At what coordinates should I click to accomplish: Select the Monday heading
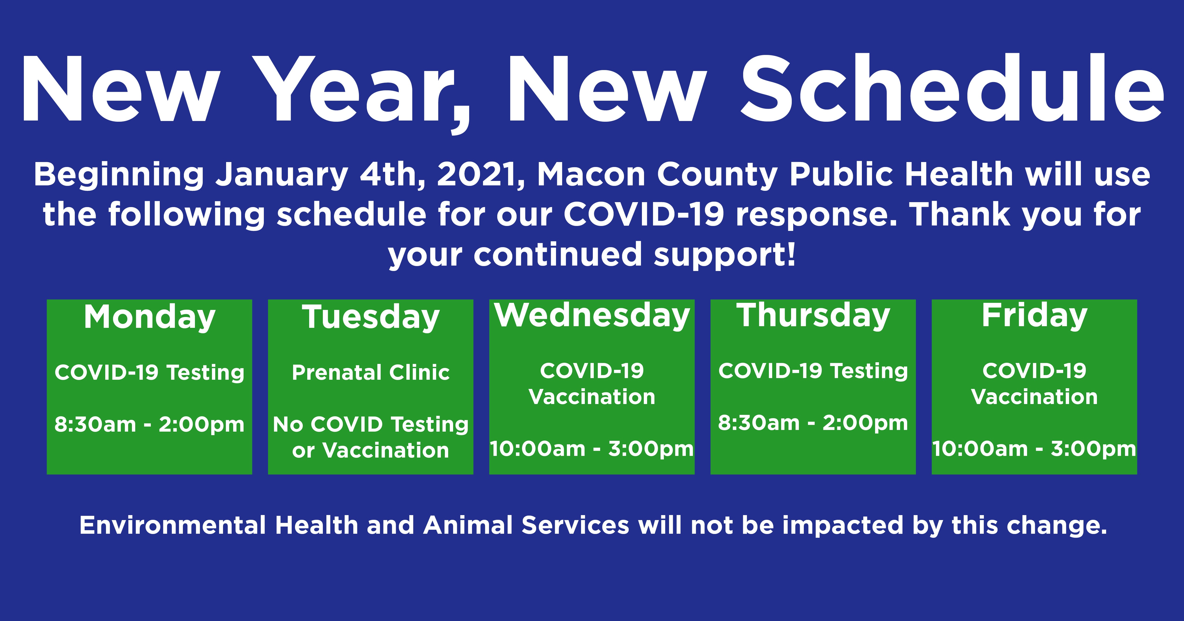tap(149, 317)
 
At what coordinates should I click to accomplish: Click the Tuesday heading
tap(371, 317)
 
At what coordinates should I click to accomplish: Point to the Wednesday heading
tap(592, 316)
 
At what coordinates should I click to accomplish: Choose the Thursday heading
tap(813, 316)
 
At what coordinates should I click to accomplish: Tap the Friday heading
tap(1034, 316)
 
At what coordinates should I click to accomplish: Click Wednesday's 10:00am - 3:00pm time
tap(592, 449)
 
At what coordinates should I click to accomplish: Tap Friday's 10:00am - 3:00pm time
tap(1034, 449)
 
